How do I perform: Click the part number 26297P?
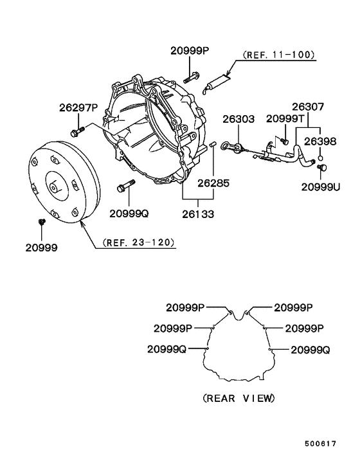pyautogui.click(x=78, y=107)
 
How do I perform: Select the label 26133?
pyautogui.click(x=198, y=214)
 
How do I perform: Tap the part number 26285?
pyautogui.click(x=213, y=183)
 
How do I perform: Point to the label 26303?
pyautogui.click(x=239, y=119)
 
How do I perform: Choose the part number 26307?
pyautogui.click(x=308, y=107)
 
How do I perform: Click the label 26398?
pyautogui.click(x=320, y=141)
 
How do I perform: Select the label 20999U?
pyautogui.click(x=321, y=187)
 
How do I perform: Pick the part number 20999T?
pyautogui.click(x=285, y=118)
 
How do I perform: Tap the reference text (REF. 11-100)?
pyautogui.click(x=278, y=55)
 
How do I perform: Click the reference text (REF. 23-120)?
pyautogui.click(x=139, y=242)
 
